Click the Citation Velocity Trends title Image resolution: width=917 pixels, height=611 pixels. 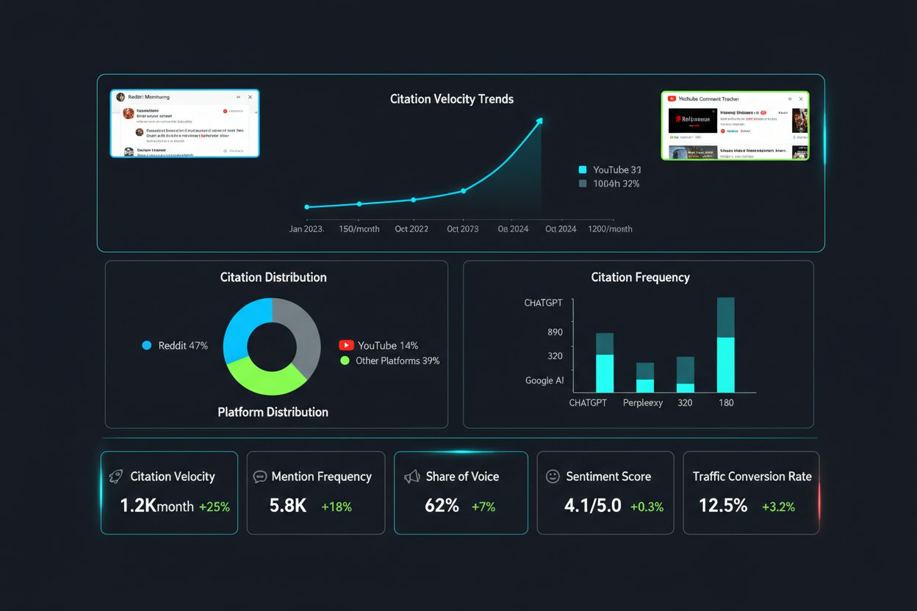(451, 99)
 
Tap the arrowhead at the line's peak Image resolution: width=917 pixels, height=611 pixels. (540, 121)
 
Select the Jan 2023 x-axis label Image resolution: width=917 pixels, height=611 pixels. (306, 229)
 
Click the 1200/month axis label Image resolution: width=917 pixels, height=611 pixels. (610, 229)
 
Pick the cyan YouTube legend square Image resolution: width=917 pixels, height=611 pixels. (583, 170)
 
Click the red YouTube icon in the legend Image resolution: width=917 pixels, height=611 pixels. (346, 345)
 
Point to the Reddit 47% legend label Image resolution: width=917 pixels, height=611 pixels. (183, 345)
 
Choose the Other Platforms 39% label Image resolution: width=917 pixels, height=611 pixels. (398, 361)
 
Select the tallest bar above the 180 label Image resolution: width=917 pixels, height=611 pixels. (725, 345)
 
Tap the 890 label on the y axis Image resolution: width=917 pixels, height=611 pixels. (555, 333)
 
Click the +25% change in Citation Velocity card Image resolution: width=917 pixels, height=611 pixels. (214, 507)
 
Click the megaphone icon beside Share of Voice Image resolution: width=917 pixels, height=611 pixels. (412, 477)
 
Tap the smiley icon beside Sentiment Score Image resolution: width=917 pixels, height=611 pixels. (553, 477)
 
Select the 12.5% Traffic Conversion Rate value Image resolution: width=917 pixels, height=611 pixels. (723, 506)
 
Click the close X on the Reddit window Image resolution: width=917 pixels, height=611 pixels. (250, 97)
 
